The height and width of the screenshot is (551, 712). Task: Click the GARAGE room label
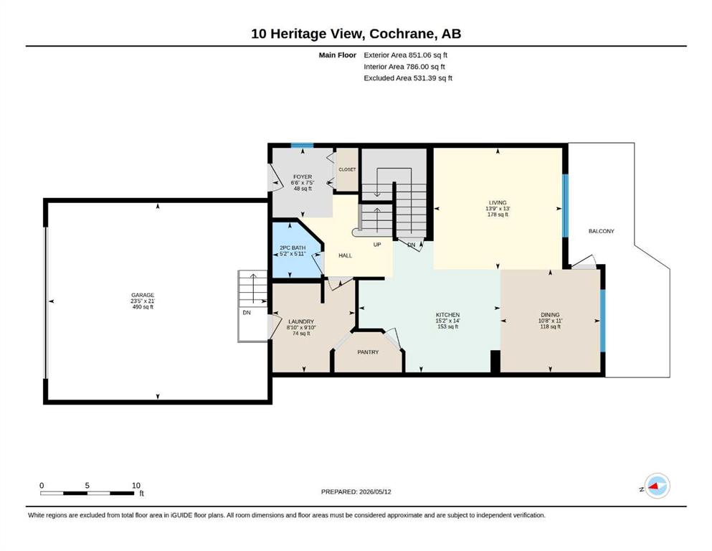coord(143,295)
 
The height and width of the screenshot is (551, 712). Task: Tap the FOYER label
coord(303,176)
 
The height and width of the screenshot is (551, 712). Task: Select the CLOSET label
coord(347,169)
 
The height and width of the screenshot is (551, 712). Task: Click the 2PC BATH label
coord(293,248)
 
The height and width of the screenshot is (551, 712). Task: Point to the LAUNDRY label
coord(301,321)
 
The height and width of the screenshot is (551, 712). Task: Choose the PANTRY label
coord(368,352)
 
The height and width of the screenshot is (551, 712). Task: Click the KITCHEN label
coord(447,315)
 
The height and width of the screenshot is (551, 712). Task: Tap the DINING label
coord(550,315)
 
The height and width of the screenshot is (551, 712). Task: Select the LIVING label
coord(498,202)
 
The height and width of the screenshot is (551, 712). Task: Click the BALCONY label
coord(601,231)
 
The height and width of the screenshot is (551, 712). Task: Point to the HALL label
coord(345,255)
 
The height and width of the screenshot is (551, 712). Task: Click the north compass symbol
coord(657,486)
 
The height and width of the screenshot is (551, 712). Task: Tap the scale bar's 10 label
coord(136,485)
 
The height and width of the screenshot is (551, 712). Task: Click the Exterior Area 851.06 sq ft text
coord(406,55)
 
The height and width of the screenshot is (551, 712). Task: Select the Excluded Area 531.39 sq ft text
coord(408,77)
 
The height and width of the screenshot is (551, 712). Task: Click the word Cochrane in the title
coord(401,34)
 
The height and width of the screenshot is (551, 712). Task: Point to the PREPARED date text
coord(356,491)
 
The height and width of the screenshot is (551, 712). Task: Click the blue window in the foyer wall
coord(302,146)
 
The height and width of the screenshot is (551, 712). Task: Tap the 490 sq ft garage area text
coord(143,307)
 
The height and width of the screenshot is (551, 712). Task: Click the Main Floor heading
coord(338,55)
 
